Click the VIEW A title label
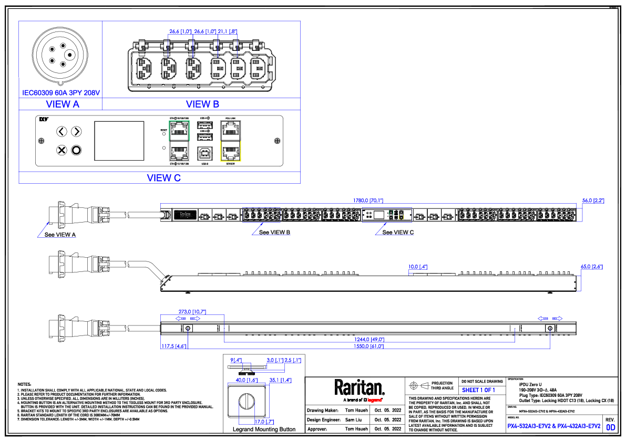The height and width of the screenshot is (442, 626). click(63, 104)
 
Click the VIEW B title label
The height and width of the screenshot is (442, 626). click(202, 104)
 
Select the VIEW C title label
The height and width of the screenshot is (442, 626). click(163, 178)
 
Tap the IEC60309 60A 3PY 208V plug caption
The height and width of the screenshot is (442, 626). click(61, 93)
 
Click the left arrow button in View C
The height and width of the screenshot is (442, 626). click(61, 131)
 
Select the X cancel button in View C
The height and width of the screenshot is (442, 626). click(61, 151)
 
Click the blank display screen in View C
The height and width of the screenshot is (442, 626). click(119, 141)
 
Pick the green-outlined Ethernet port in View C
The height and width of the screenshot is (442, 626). click(179, 129)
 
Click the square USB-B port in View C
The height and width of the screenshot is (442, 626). click(204, 153)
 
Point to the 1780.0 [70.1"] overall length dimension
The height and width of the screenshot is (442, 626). click(368, 201)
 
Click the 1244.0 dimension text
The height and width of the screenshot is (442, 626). click(369, 340)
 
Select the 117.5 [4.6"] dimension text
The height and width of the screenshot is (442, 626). click(171, 346)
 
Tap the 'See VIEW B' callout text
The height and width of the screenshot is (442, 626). click(274, 232)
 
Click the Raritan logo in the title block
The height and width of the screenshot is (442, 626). click(360, 388)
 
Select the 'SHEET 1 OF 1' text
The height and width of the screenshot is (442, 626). click(478, 390)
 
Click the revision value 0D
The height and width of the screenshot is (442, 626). click(611, 427)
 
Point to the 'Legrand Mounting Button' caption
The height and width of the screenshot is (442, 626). click(264, 429)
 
